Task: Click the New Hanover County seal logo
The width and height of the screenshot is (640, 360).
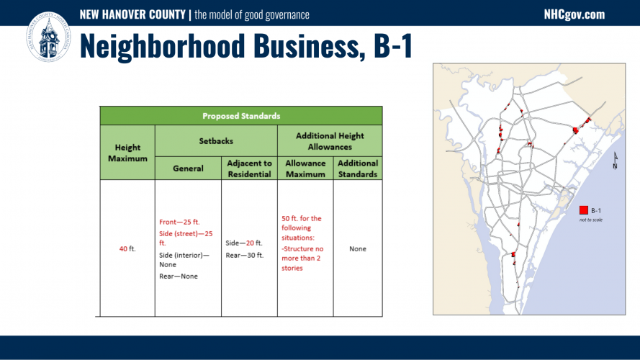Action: point(48,37)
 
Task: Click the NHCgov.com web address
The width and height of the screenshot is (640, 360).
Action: point(574,14)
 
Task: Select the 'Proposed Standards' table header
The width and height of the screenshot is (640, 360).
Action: point(241,116)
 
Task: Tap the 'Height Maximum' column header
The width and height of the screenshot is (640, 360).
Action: point(127,153)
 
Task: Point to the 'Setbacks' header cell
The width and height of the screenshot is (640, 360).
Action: point(216,141)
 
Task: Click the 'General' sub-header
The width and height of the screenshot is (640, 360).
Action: point(188,168)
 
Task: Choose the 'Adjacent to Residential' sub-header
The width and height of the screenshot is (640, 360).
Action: point(249,168)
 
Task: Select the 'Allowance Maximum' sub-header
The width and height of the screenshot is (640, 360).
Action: point(305,168)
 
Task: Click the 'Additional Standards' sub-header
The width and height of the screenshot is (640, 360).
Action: point(358,168)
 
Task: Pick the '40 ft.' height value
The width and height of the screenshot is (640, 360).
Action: point(127,248)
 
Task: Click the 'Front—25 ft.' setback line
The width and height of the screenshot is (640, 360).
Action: point(179,222)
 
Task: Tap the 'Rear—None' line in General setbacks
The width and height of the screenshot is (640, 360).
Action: point(179,276)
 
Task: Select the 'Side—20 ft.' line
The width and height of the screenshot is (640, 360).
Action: point(244,243)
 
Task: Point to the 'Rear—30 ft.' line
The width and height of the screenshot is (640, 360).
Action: point(245,255)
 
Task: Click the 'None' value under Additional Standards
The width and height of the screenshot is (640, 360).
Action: point(358,248)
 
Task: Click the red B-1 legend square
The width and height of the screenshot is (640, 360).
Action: point(584,210)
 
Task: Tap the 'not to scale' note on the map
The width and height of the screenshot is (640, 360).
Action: point(590,220)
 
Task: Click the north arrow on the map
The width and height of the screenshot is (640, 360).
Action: point(615,161)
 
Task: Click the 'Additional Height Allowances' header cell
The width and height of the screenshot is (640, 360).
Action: point(330,141)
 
